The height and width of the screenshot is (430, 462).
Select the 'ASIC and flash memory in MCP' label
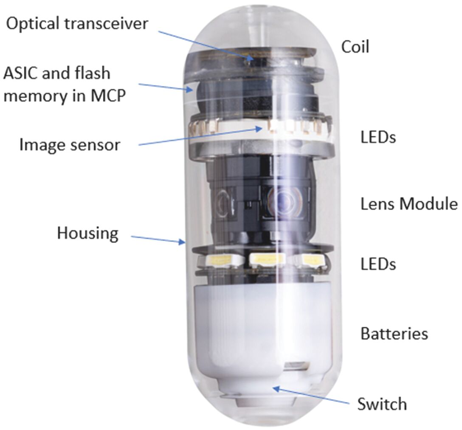[x=64, y=84]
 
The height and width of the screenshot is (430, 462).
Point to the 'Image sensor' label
[x=70, y=145]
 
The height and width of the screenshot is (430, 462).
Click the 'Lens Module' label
[x=409, y=204]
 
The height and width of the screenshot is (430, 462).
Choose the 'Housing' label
[x=87, y=233]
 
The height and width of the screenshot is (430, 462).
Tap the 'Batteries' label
[x=394, y=334]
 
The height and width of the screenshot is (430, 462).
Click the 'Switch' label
[x=382, y=404]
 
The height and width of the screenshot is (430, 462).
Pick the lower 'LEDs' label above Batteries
[x=377, y=264]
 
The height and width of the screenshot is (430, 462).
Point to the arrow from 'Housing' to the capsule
[x=158, y=239]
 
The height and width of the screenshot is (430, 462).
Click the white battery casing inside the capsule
[x=238, y=323]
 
